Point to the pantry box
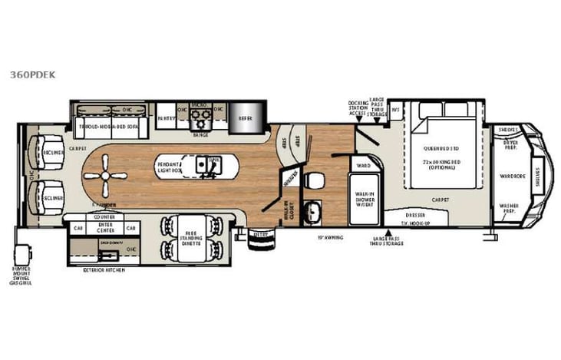(x=167, y=118)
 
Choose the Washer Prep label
(x=510, y=209)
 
